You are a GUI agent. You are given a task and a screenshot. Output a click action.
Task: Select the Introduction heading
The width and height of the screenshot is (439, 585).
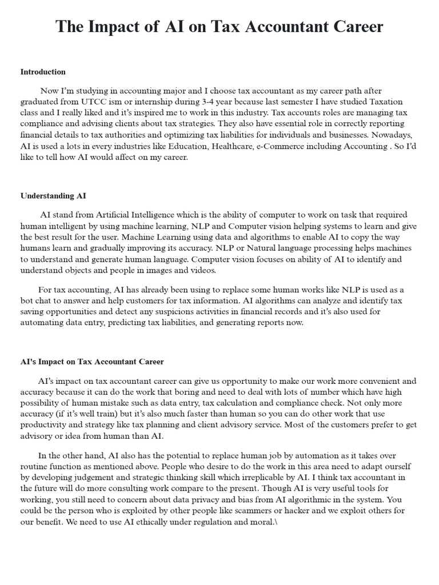[x=43, y=72]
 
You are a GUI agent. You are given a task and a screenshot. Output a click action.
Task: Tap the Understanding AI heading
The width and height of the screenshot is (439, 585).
[x=53, y=195]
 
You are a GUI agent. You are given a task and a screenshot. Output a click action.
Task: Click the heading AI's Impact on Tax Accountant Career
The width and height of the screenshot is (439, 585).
[x=92, y=362]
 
